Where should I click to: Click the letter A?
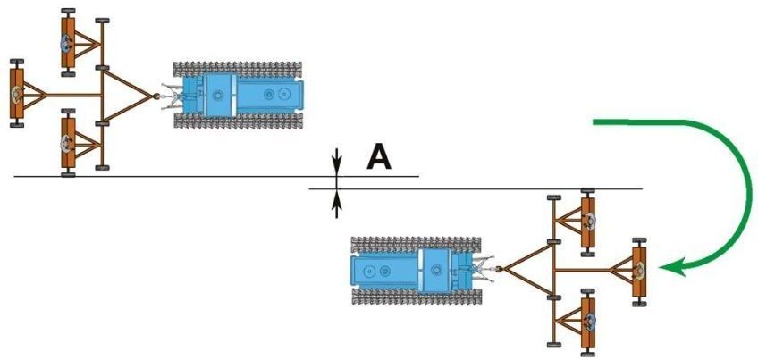379,158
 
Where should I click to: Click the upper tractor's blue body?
242,93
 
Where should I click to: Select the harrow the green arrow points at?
640,272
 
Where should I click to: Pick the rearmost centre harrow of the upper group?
16,93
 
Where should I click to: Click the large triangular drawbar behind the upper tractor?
125,93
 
